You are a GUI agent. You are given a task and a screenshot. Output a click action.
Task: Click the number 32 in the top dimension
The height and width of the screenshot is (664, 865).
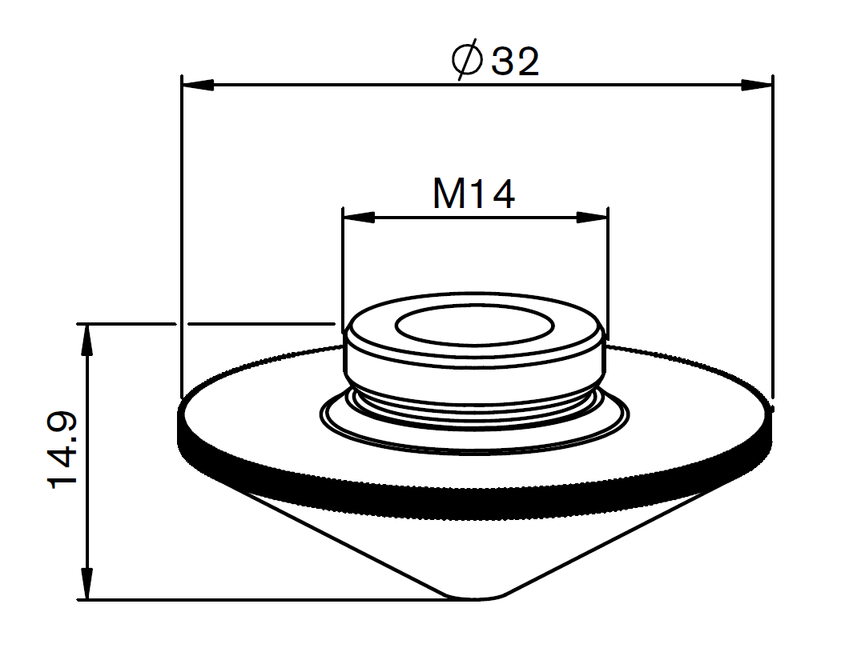pyautogui.click(x=515, y=62)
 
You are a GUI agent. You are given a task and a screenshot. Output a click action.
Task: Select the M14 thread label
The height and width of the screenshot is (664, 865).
pyautogui.click(x=473, y=194)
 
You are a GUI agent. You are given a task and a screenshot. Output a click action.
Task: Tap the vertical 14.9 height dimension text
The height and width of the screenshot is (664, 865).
pyautogui.click(x=62, y=450)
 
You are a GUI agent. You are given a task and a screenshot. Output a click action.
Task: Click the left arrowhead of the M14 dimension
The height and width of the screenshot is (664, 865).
pyautogui.click(x=358, y=217)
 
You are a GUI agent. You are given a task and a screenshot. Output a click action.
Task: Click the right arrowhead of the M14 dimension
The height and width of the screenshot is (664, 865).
pyautogui.click(x=592, y=217)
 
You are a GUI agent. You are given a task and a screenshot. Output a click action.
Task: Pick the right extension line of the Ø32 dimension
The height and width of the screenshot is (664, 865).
pyautogui.click(x=772, y=240)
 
